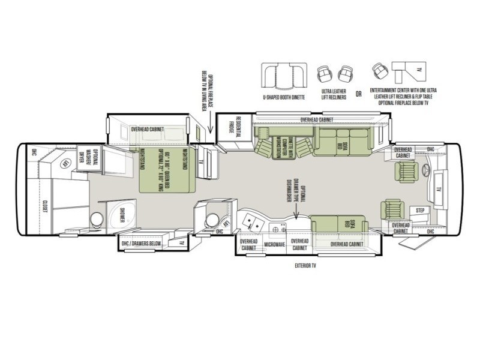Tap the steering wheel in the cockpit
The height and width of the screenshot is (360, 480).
pyautogui.click(x=427, y=170)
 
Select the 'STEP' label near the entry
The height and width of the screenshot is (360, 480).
pyautogui.click(x=420, y=211)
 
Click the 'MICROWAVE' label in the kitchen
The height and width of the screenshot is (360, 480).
pyautogui.click(x=274, y=245)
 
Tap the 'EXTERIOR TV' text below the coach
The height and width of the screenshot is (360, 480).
pyautogui.click(x=305, y=264)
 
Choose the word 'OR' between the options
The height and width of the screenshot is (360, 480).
pyautogui.click(x=358, y=94)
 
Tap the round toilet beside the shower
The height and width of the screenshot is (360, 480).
pyautogui.click(x=95, y=220)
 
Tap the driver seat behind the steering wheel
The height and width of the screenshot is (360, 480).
pyautogui.click(x=405, y=171)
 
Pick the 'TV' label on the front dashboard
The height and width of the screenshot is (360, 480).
pyautogui.click(x=439, y=188)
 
